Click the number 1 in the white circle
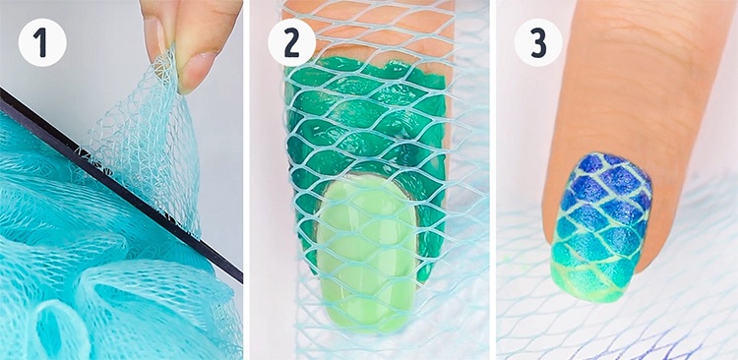point(42,42)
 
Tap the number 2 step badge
point(292,43)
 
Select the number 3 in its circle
point(538,43)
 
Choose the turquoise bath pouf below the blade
point(94,264)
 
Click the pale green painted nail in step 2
point(366,250)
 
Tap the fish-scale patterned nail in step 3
point(600,226)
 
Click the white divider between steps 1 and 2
point(246,180)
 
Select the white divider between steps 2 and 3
point(493,180)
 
